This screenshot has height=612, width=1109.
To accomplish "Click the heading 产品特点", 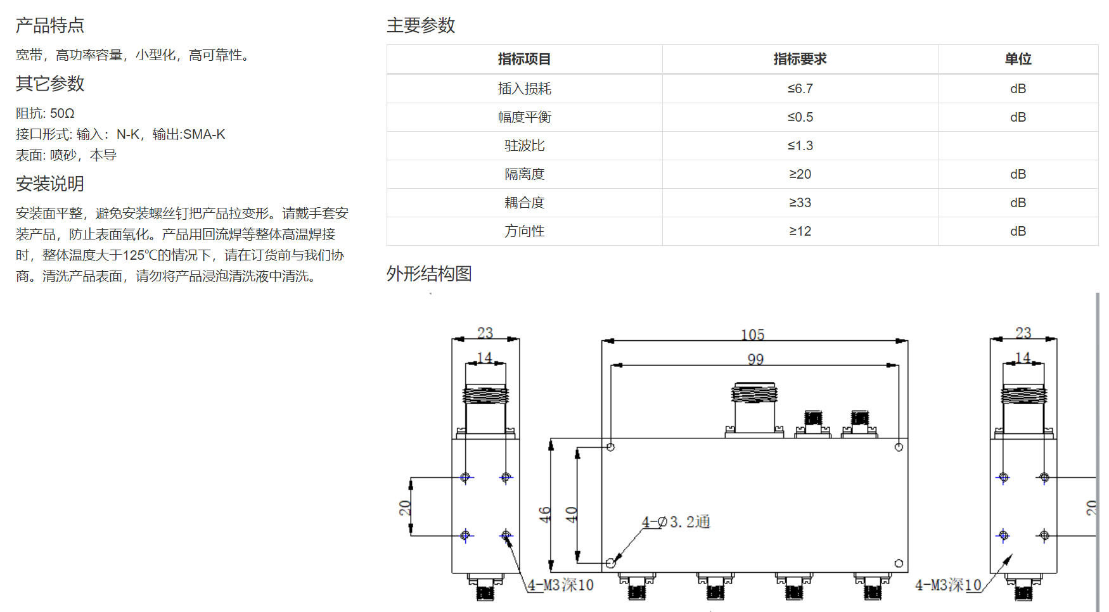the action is pos(50,25).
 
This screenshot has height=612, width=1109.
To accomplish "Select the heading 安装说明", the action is pos(50,184).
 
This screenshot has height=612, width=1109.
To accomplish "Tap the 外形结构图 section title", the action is pos(429,274).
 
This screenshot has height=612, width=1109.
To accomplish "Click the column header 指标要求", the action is pos(800,59).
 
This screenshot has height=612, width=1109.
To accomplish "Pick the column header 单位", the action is pos(1018,59).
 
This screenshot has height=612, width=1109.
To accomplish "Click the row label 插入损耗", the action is pos(525,89).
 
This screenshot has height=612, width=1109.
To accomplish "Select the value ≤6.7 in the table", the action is pos(800,89).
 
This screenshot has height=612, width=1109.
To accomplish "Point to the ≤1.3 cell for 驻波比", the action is pos(800,146).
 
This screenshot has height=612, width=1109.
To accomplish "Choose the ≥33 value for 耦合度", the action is pos(800,203).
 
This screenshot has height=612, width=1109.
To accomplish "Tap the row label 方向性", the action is pos(525,231).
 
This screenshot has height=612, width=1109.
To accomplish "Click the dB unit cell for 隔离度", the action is pos(1018,174).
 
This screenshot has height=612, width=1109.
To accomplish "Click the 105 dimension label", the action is pos(753,334).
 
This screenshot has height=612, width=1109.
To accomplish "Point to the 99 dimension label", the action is pos(755,359).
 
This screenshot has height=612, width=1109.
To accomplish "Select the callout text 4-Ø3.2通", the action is pos(676,522).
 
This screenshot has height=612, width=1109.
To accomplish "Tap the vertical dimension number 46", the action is pos(545,514).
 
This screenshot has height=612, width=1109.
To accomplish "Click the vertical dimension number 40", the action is pos(571,514).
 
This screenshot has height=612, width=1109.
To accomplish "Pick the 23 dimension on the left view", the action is pos(485,333).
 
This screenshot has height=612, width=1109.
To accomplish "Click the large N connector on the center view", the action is pos(754,409).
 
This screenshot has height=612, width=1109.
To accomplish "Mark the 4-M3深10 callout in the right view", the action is pos(948,585).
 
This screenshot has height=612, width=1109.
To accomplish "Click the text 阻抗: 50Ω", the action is pos(45,113).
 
